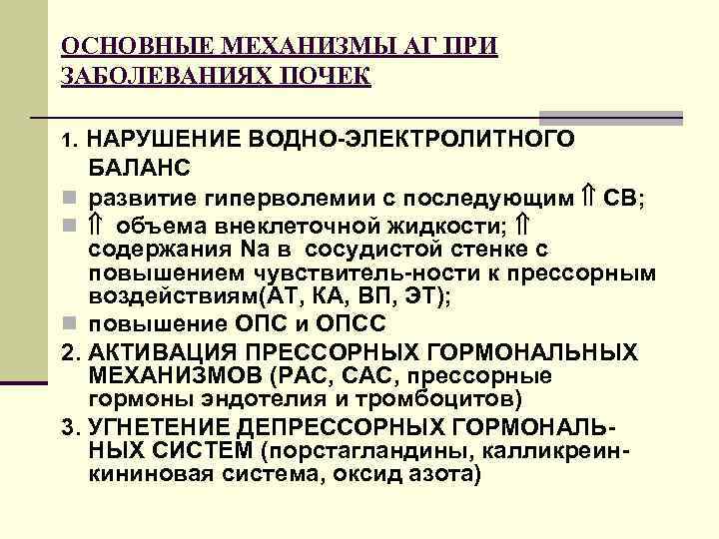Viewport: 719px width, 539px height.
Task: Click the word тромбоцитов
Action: click(x=450, y=401)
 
